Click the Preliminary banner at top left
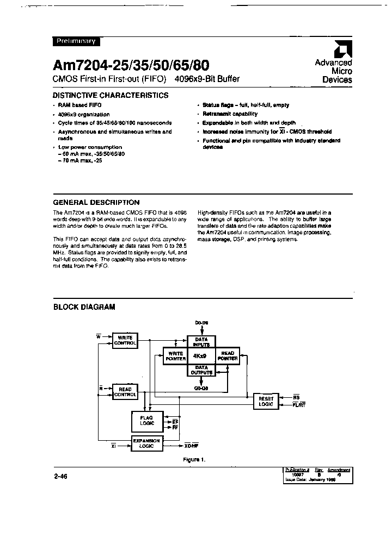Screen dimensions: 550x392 [x=76, y=41]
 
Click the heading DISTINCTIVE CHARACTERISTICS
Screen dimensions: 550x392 [x=111, y=95]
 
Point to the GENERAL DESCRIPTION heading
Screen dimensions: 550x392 [x=96, y=202]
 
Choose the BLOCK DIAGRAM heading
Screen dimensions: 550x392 [x=84, y=307]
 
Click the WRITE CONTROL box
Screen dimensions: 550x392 [x=125, y=341]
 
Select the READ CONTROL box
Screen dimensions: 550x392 [x=125, y=391]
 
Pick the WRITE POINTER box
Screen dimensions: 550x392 [x=175, y=357]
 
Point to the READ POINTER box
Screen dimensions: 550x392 [x=228, y=356]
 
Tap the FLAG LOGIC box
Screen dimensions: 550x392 [x=147, y=421]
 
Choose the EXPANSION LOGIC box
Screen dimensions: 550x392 [x=147, y=443]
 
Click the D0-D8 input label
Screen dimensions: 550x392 [x=201, y=323]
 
